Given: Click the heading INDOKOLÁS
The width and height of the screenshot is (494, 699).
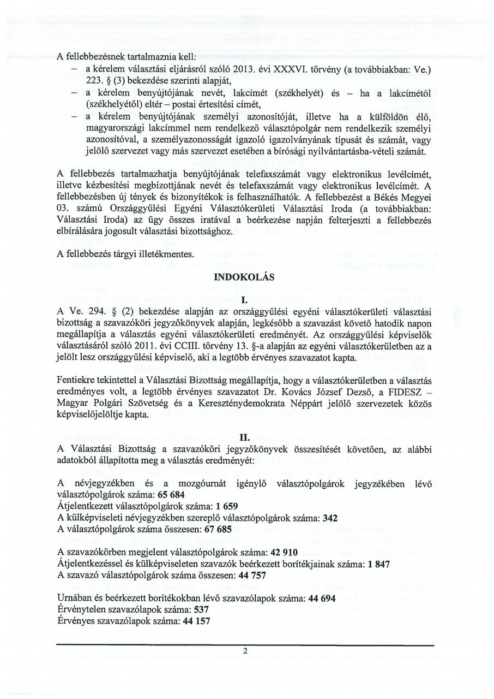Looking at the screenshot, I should pos(244,277).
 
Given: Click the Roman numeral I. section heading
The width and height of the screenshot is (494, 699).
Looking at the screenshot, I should pos(245,300).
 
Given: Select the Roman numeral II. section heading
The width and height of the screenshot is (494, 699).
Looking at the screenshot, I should pos(245,437).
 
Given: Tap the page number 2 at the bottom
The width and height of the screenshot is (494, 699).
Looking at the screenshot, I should pos(245,651).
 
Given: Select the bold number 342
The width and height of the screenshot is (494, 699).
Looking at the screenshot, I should pos(330,518).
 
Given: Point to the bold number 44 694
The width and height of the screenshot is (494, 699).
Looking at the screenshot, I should pos(322,598).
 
